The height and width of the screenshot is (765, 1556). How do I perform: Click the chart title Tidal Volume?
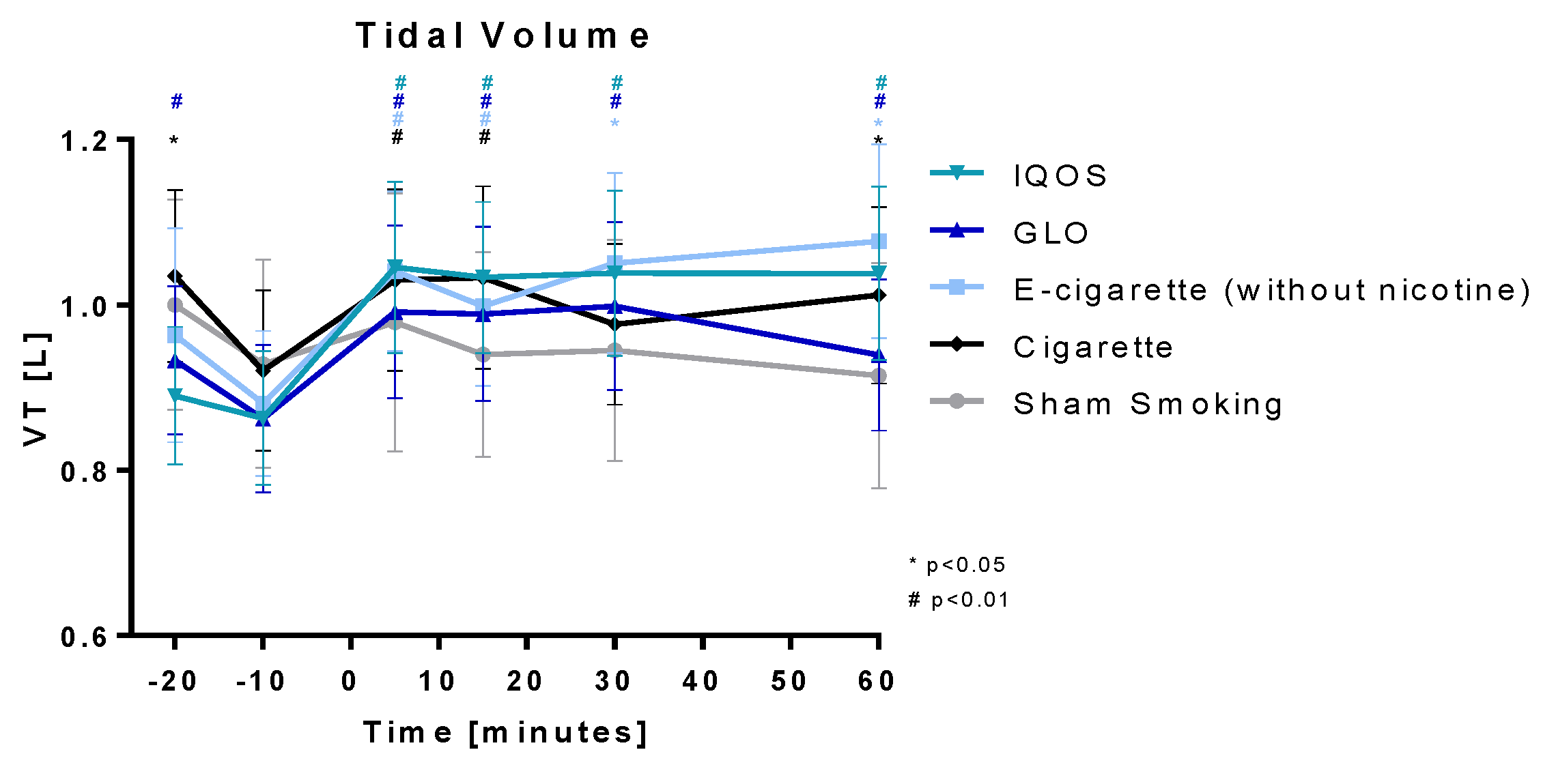pyautogui.click(x=503, y=36)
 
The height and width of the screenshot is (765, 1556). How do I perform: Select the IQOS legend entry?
pyautogui.click(x=1060, y=176)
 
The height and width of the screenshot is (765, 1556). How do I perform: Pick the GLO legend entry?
pyautogui.click(x=1051, y=233)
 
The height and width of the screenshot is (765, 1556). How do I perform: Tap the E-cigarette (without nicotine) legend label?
pyautogui.click(x=1271, y=291)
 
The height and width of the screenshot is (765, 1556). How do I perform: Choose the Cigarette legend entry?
pyautogui.click(x=1092, y=348)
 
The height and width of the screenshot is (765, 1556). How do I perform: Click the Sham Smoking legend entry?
pyautogui.click(x=1148, y=405)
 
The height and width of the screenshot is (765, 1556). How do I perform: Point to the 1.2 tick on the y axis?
pyautogui.click(x=85, y=142)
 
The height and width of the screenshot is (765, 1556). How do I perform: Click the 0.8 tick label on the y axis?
pyautogui.click(x=85, y=472)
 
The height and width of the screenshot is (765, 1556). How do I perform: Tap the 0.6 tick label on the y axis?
pyautogui.click(x=85, y=637)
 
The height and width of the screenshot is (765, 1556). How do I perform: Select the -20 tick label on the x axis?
pyautogui.click(x=173, y=681)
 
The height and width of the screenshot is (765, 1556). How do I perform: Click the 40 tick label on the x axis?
pyautogui.click(x=701, y=681)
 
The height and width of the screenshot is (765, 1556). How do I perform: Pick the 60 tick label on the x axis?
pyautogui.click(x=877, y=681)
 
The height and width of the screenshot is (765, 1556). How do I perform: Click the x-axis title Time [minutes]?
pyautogui.click(x=505, y=733)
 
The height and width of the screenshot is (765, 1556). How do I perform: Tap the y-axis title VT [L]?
pyautogui.click(x=36, y=389)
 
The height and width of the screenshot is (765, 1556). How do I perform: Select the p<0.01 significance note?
pyautogui.click(x=959, y=600)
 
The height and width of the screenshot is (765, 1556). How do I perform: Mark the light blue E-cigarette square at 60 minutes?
pyautogui.click(x=879, y=241)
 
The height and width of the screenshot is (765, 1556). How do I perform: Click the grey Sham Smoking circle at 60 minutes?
pyautogui.click(x=879, y=376)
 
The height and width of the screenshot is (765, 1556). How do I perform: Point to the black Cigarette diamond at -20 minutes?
pyautogui.click(x=175, y=276)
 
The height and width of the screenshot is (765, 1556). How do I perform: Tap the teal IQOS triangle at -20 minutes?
pyautogui.click(x=175, y=396)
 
